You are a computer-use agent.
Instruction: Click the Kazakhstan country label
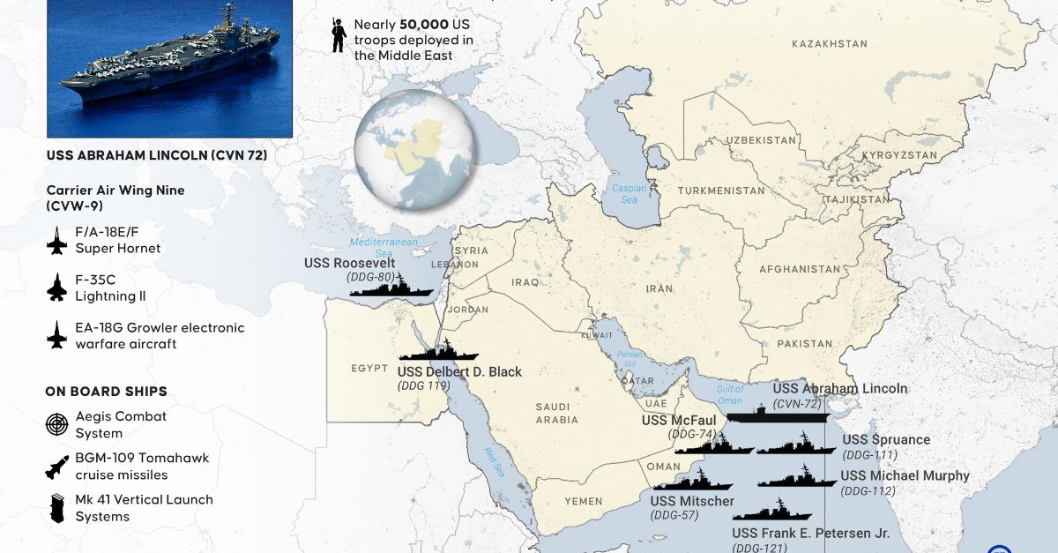point(829,44)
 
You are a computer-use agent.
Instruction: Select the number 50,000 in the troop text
point(407,25)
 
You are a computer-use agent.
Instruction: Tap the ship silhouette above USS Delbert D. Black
point(439,350)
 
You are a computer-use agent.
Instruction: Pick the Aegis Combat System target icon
point(57,425)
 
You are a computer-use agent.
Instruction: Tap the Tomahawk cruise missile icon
point(57,467)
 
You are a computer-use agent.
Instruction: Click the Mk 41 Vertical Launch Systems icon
point(57,508)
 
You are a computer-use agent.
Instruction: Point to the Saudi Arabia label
point(557,413)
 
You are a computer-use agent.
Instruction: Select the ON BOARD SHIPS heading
point(106,392)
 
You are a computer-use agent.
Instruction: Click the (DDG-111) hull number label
point(869,455)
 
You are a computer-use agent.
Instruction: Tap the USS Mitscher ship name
point(692,501)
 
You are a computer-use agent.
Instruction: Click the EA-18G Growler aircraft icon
point(57,335)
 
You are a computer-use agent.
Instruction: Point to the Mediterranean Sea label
point(384,247)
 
